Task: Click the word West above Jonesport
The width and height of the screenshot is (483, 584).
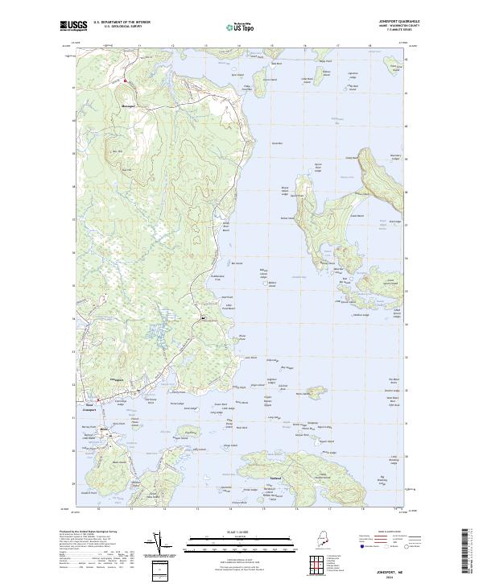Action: point(89,404)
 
